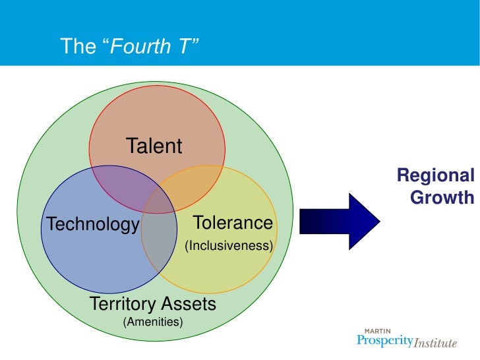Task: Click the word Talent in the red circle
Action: (x=154, y=146)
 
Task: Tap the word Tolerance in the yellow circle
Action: (x=232, y=223)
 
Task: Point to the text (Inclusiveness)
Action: (x=229, y=246)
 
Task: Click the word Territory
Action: (x=123, y=304)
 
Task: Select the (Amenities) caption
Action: (x=153, y=322)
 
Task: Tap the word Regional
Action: (x=435, y=176)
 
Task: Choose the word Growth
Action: (x=441, y=197)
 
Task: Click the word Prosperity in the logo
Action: (x=384, y=342)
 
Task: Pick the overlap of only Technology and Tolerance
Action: (x=158, y=241)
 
